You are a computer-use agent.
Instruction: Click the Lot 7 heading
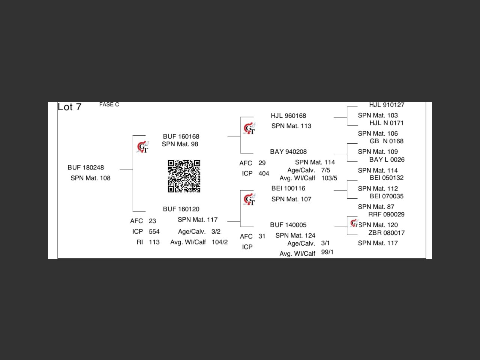(70, 107)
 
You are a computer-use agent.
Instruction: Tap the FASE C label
(109, 105)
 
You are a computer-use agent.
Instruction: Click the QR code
(184, 176)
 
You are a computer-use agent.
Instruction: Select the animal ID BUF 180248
(86, 168)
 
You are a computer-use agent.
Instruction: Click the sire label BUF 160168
(181, 136)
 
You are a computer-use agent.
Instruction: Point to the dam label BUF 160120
(181, 209)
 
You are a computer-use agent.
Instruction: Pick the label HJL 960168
(288, 116)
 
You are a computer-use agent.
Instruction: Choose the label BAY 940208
(288, 152)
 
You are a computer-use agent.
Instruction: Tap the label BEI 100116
(288, 188)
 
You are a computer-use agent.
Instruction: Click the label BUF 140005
(288, 225)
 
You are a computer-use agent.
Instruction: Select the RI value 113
(154, 242)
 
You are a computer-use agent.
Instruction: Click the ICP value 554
(154, 232)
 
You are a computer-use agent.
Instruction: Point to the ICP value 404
(264, 174)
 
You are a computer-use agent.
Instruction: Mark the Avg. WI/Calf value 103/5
(329, 178)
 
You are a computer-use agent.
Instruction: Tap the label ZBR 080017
(387, 233)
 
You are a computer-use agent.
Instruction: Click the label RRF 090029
(386, 214)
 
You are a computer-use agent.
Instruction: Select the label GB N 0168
(387, 141)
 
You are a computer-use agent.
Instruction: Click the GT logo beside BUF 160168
(143, 147)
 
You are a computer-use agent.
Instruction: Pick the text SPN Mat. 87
(376, 207)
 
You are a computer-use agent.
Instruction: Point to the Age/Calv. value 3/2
(216, 232)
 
